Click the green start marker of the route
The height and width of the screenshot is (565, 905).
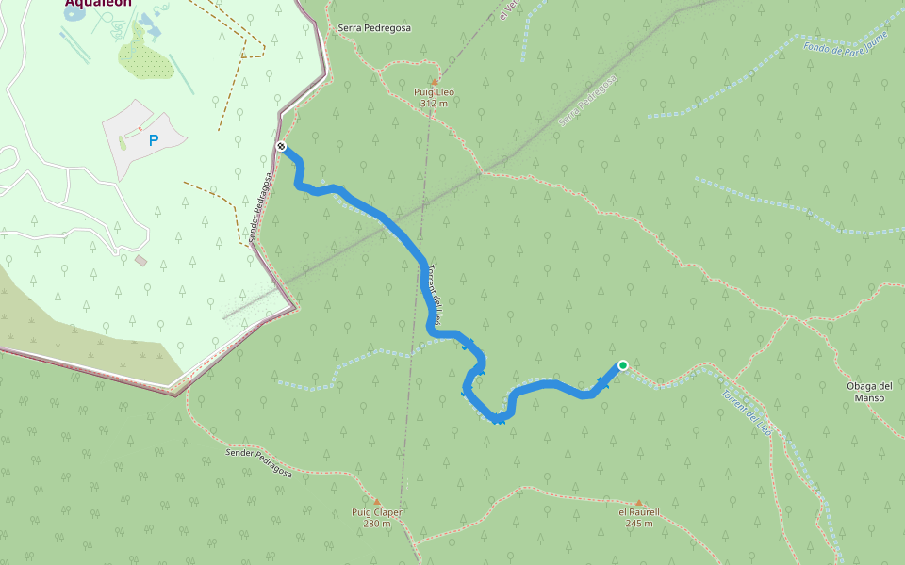pyautogui.click(x=622, y=365)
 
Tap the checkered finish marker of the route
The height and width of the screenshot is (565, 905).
pyautogui.click(x=282, y=145)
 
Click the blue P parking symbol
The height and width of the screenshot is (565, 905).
pyautogui.click(x=154, y=140)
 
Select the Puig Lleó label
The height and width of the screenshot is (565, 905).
pyautogui.click(x=434, y=92)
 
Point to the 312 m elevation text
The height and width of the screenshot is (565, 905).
pyautogui.click(x=434, y=103)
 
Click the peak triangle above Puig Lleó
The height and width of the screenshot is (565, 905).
pyautogui.click(x=435, y=82)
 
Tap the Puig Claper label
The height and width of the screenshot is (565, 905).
pyautogui.click(x=376, y=512)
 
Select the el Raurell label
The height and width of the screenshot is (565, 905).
pyautogui.click(x=638, y=512)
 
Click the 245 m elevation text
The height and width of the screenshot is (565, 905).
pyautogui.click(x=638, y=523)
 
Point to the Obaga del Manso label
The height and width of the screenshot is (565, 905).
pyautogui.click(x=869, y=391)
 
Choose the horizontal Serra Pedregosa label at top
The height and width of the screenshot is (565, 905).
pyautogui.click(x=374, y=28)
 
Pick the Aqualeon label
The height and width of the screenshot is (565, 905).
pyautogui.click(x=98, y=3)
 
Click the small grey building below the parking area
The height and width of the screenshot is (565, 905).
pyautogui.click(x=141, y=260)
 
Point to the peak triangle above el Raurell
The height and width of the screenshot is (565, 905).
pyautogui.click(x=638, y=503)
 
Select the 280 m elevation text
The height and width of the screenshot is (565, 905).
pyautogui.click(x=376, y=523)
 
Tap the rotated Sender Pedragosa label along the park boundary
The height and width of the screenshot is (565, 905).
pyautogui.click(x=263, y=207)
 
